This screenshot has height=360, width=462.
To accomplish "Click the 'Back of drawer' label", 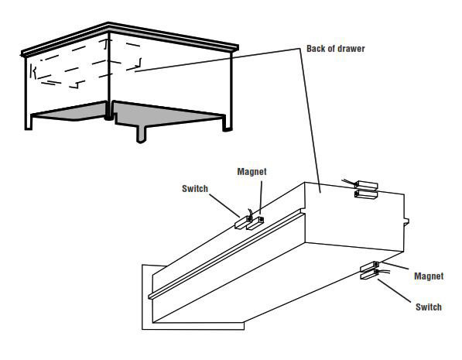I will (334, 49).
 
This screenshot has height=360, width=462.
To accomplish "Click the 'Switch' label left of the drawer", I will (194, 188).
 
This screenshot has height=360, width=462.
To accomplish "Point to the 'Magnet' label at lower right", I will (428, 276).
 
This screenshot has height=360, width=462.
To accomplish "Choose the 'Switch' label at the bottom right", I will (427, 307).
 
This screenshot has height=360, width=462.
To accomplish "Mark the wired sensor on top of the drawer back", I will (364, 190).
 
